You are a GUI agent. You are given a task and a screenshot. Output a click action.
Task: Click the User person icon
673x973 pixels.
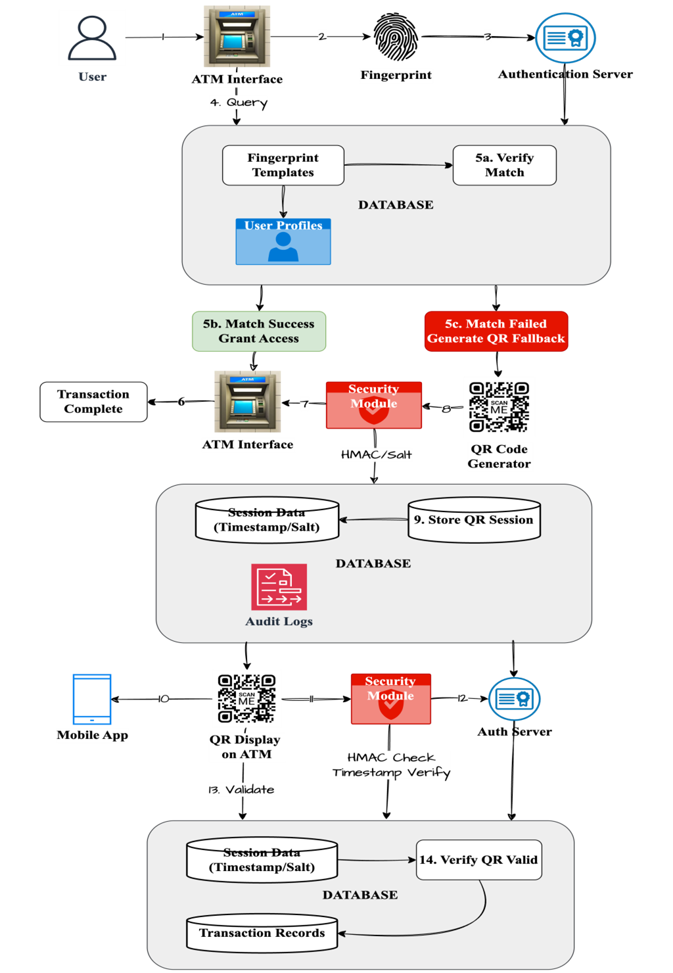coord(92,38)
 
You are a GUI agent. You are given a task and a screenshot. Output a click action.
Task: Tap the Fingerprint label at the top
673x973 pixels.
coord(396,76)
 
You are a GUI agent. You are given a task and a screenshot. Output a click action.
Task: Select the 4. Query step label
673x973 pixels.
coord(239,103)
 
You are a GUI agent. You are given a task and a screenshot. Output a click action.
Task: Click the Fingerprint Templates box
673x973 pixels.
coord(283,165)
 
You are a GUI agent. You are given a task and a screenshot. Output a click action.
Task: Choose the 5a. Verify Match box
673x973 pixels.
coord(504,165)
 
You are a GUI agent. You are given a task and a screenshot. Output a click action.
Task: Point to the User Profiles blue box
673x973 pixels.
coord(283,242)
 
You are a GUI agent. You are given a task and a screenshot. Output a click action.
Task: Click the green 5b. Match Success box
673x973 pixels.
coord(259,331)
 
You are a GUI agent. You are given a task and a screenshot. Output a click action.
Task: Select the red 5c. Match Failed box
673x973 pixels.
coord(496,331)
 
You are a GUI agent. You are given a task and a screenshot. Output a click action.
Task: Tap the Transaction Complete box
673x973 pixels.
coord(93,402)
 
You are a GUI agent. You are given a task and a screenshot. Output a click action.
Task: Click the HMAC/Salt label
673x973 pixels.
coord(377,454)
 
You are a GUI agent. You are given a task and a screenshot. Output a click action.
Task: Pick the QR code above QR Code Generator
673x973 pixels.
coord(499,407)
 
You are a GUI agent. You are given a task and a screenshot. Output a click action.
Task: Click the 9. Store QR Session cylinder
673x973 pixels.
coord(474,520)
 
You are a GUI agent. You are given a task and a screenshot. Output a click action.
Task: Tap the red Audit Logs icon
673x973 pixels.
coord(279,587)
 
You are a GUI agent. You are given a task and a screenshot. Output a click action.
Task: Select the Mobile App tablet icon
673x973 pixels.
coord(92,699)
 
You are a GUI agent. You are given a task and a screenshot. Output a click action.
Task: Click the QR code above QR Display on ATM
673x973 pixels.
coord(246,698)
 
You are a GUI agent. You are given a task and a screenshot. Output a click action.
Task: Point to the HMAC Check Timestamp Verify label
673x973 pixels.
coord(391,765)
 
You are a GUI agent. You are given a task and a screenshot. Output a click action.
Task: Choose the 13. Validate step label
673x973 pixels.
coord(241,790)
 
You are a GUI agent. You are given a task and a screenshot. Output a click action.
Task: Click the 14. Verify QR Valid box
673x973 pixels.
coord(478,860)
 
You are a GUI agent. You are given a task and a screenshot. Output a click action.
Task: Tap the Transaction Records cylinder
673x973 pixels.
coord(262,933)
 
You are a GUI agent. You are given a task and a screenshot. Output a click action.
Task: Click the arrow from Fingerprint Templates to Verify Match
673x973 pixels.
coord(398,165)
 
